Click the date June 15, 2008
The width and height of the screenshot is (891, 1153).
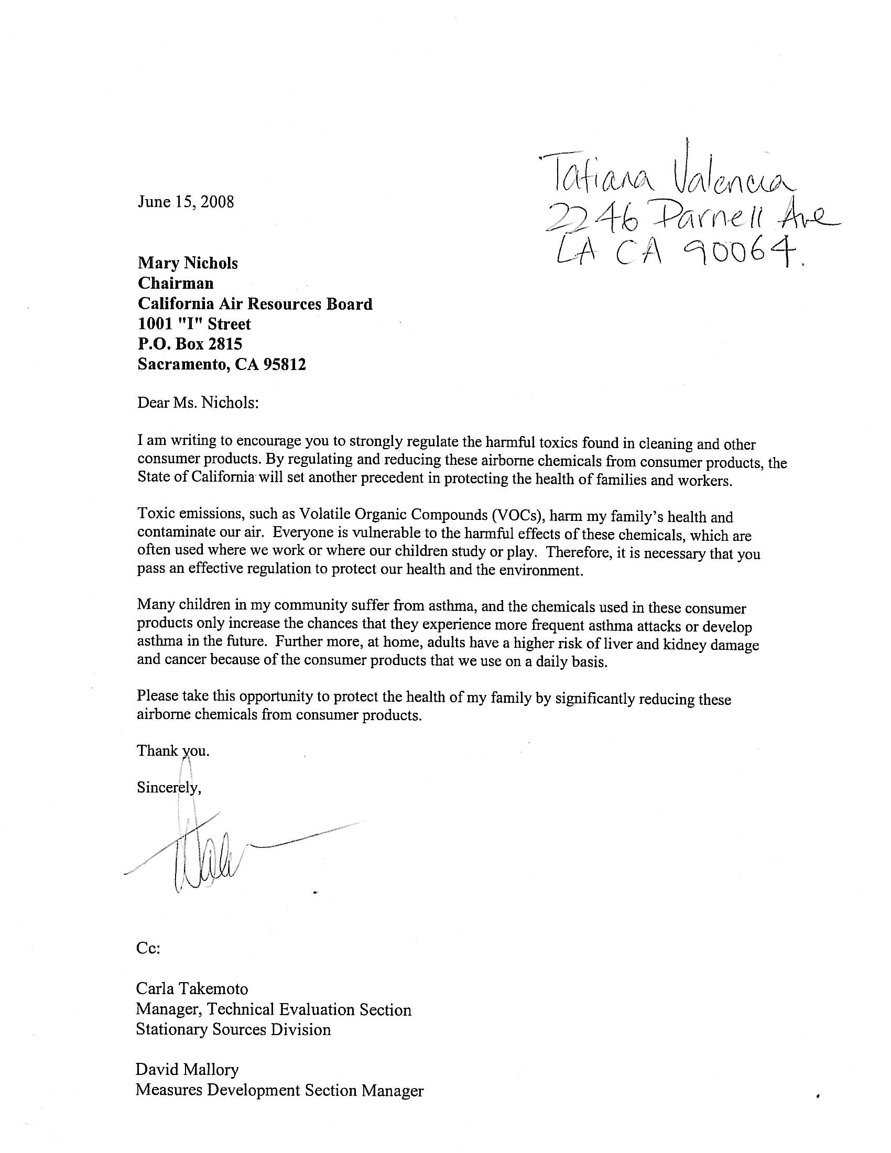(186, 202)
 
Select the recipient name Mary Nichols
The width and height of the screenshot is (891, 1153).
(188, 263)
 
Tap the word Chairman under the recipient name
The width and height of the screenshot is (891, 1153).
(176, 284)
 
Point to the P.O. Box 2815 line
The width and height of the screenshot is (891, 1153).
(190, 344)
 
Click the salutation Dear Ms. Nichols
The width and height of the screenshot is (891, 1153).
(199, 403)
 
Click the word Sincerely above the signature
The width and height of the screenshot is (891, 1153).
(168, 788)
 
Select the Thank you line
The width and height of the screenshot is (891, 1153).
(173, 750)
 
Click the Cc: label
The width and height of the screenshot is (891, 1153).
(148, 948)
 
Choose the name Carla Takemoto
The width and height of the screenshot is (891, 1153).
(192, 988)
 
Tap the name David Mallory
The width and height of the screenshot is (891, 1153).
(188, 1070)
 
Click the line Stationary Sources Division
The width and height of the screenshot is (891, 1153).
(233, 1029)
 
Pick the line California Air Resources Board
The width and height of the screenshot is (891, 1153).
(255, 303)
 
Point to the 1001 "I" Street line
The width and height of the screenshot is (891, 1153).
(194, 323)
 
